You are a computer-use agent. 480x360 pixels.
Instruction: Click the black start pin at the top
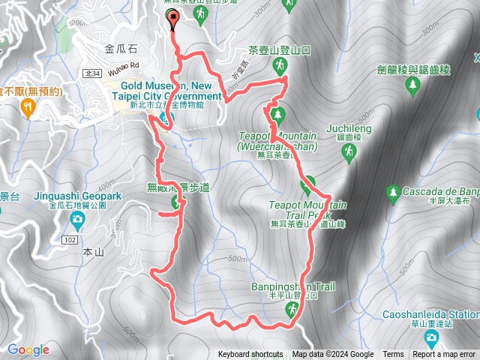174,20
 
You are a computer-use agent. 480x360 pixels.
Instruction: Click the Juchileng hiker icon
348,153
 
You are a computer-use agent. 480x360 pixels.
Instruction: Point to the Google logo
28,349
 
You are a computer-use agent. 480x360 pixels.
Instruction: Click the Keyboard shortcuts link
250,355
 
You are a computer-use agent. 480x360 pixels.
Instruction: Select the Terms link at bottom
393,355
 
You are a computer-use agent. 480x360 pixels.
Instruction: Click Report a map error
445,355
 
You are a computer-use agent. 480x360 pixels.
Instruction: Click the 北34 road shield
92,73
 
